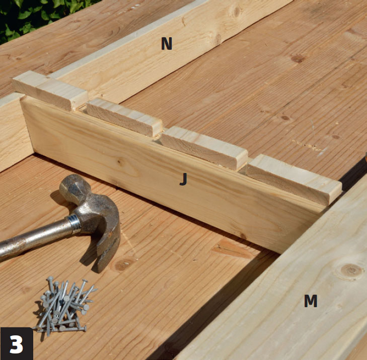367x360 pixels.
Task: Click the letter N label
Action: [167, 43]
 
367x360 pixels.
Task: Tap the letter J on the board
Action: [183, 179]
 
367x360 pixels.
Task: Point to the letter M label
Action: [311, 301]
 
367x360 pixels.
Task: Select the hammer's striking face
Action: [70, 185]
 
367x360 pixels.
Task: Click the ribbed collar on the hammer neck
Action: [75, 224]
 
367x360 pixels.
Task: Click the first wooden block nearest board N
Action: [50, 91]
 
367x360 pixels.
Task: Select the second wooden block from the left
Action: [124, 117]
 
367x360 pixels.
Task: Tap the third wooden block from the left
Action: [203, 147]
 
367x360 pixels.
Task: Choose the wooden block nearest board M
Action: [293, 179]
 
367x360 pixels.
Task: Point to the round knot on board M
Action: [350, 271]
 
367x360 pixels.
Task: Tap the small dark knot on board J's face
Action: [120, 162]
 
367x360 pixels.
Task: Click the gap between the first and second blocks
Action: [84, 107]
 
